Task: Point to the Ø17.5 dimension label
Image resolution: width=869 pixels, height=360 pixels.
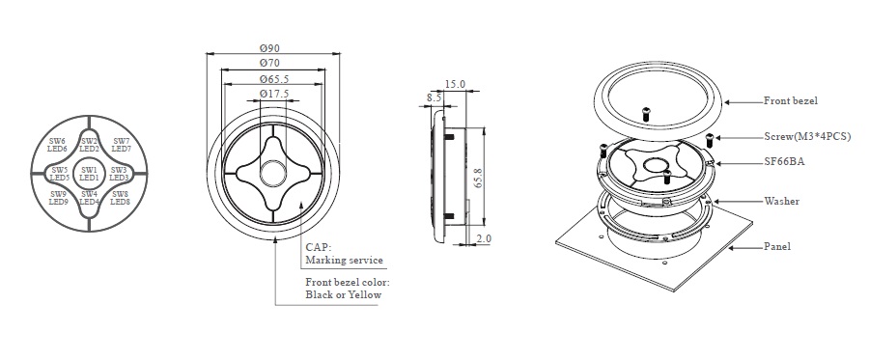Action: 274,95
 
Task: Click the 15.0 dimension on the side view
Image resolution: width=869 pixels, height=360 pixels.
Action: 455,84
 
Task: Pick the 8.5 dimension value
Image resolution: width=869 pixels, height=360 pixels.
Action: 434,97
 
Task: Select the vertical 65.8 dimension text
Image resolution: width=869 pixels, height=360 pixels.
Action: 478,176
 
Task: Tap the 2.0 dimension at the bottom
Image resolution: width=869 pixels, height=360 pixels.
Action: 484,238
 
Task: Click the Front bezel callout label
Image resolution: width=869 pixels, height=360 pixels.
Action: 790,100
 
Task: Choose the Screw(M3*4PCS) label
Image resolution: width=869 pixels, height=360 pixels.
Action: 807,136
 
